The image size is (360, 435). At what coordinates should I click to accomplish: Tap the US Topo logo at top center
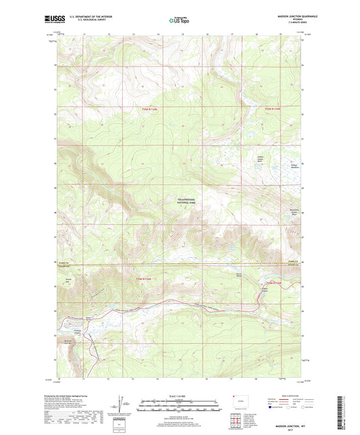(179, 21)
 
